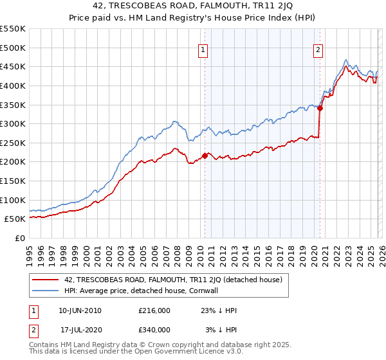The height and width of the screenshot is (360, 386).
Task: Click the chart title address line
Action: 193,6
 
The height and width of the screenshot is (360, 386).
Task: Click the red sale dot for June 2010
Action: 205,156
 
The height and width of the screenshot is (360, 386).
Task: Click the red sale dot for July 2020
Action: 320,108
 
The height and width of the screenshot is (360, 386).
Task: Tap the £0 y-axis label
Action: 19,238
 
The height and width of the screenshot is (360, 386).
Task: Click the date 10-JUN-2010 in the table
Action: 79,310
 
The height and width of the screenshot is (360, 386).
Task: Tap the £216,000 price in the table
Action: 154,310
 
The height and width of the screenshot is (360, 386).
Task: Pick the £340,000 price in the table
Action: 154,330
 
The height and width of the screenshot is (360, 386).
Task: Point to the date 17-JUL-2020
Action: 80,330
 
